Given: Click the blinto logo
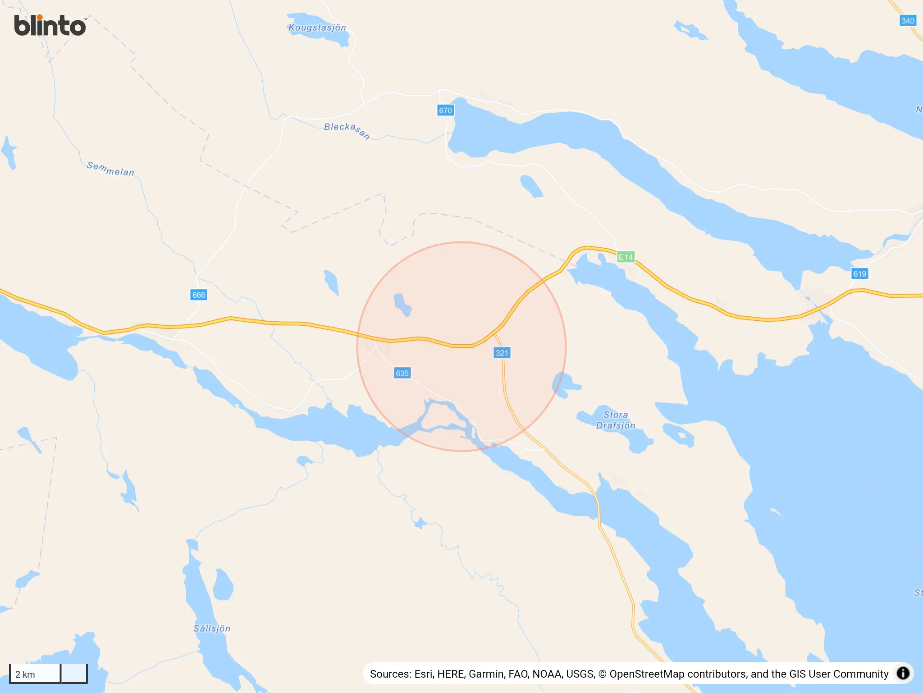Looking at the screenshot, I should coord(50,26).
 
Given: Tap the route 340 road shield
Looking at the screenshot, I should coord(907,21).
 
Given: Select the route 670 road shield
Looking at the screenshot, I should coord(445,111).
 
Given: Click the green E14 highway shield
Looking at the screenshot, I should coord(626,257).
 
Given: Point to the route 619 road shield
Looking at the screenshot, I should coord(859,274).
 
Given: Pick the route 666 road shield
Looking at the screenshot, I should coord(199,295).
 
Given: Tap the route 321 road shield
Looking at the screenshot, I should coord(502,353).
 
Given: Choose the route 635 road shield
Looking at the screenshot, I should coord(402,373).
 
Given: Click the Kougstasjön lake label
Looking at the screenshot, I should coord(317,28).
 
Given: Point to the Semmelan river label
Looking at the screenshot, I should coord(110,169).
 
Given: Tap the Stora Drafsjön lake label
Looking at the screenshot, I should coord(615,420).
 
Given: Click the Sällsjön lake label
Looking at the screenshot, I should coord(212,628).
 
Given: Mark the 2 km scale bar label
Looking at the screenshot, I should coord(25,675).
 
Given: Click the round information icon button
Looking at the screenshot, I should coord(903,673).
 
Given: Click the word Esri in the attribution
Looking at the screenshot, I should coord(423,674).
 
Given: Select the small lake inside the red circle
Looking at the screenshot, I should coord(402,305).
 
